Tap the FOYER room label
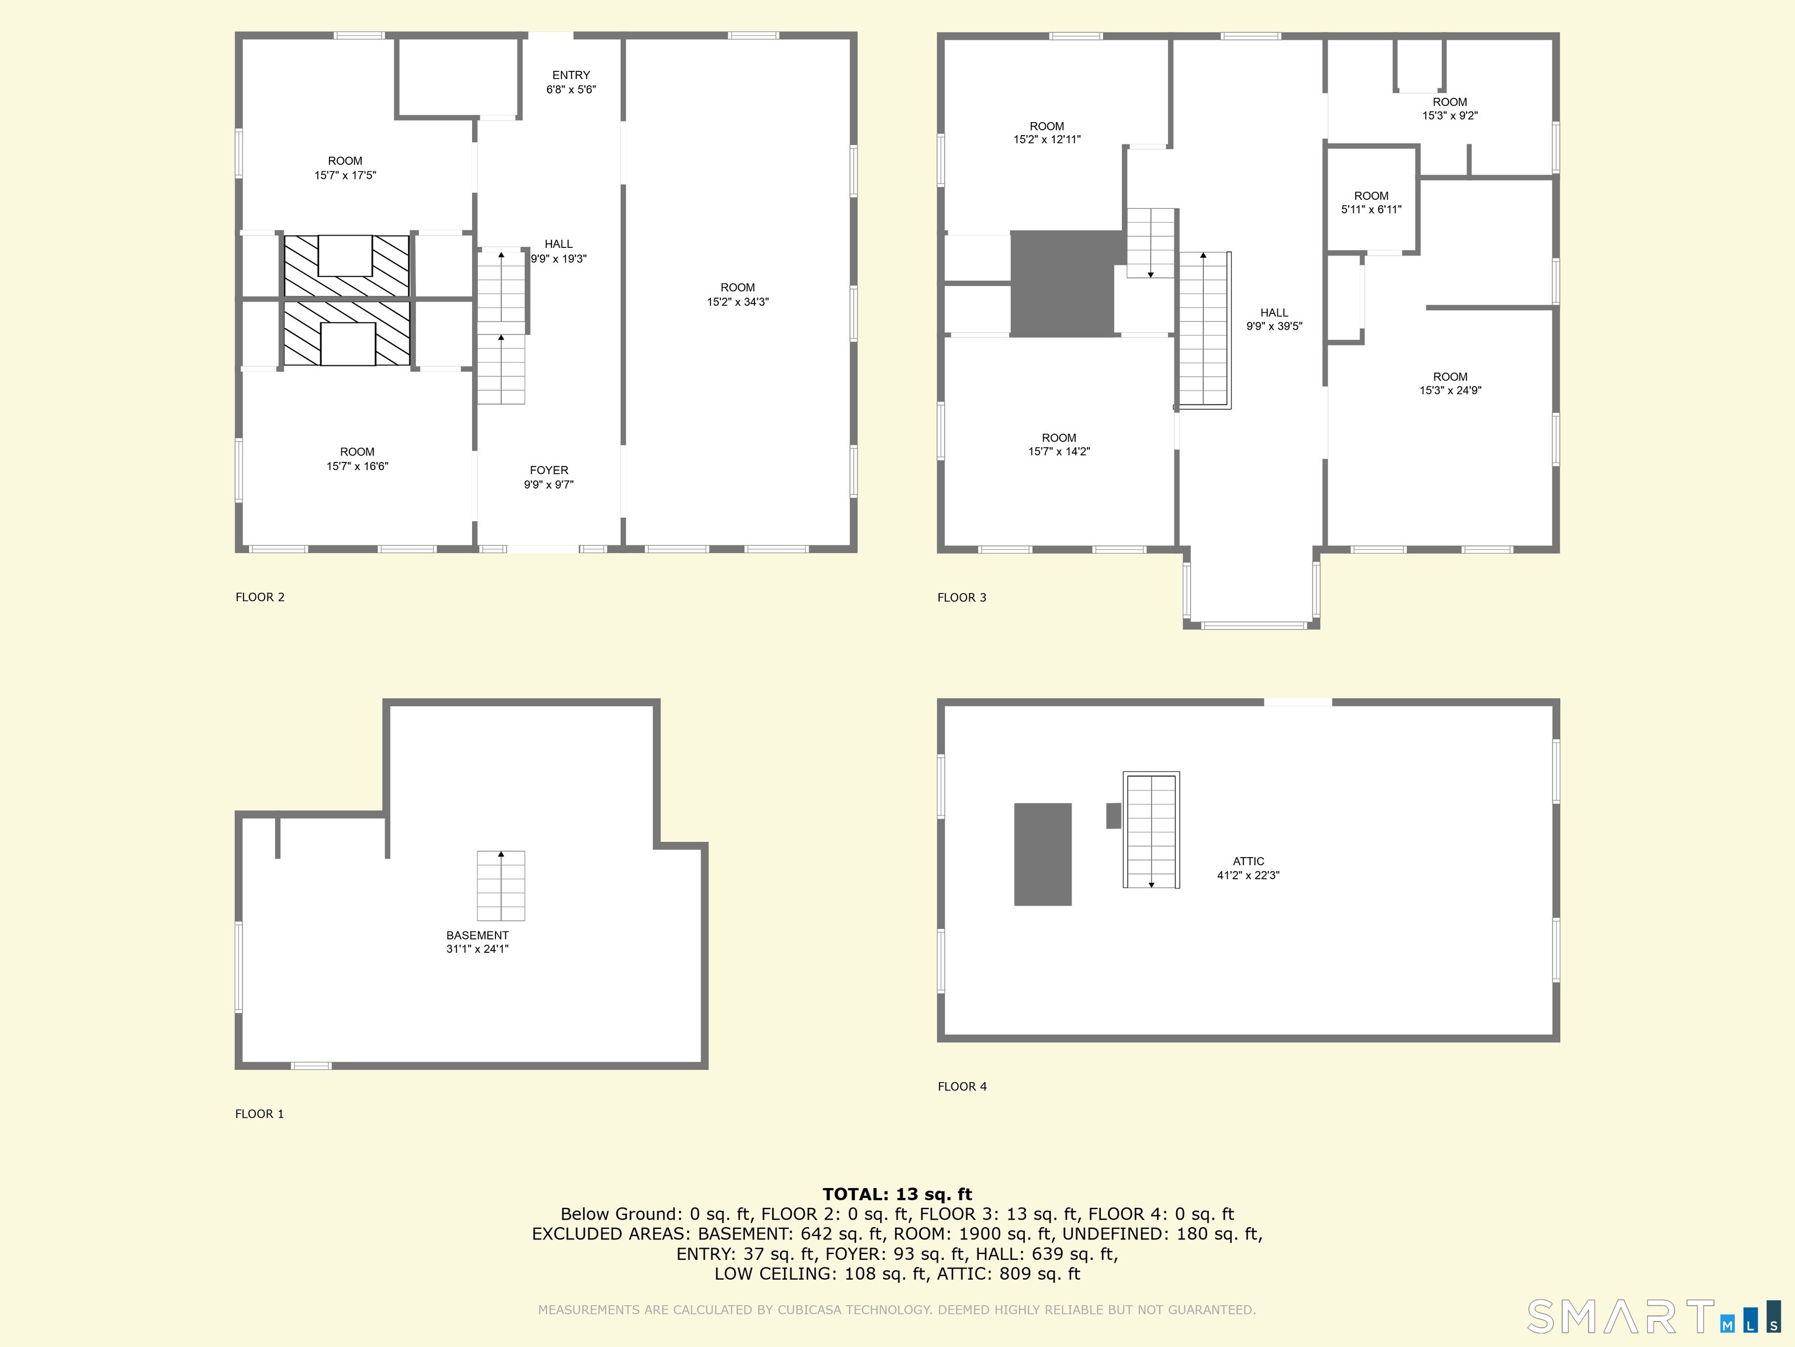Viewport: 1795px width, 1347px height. (549, 470)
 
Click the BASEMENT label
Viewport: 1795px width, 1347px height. (477, 935)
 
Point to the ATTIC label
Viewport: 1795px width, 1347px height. (1248, 862)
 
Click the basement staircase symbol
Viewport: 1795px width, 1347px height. (501, 885)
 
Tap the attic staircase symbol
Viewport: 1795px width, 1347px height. (1151, 830)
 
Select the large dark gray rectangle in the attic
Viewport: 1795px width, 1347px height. (1043, 854)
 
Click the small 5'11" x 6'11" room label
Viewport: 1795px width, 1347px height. (1371, 202)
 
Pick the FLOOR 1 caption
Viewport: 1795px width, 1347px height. (259, 1114)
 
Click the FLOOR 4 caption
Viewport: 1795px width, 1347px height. (962, 1086)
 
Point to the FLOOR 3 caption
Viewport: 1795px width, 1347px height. (962, 597)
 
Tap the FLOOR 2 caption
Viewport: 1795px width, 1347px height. (259, 597)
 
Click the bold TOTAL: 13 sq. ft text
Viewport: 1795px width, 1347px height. (897, 1194)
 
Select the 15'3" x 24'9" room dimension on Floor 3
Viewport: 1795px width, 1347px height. (1450, 391)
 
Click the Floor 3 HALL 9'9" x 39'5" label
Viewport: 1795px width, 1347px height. (1274, 319)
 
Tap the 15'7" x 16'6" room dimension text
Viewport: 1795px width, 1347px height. (357, 466)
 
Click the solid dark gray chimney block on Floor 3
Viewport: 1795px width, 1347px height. (1062, 284)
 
